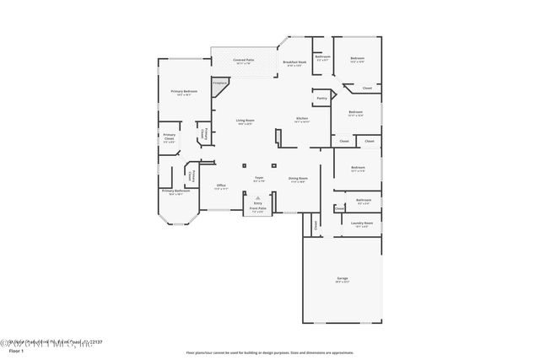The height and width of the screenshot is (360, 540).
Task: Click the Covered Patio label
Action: point(244,62)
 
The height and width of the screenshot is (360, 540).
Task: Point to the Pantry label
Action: point(321,99)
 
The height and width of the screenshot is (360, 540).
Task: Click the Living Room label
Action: point(244,122)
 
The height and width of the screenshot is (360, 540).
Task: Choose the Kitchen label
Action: point(301,120)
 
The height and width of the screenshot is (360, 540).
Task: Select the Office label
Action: point(221,187)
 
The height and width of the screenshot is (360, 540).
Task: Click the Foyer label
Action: point(260,179)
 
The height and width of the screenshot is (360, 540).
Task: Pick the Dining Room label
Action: point(298,179)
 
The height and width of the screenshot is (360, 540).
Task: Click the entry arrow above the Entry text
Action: point(258,196)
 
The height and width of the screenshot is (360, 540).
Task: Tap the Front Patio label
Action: point(257,210)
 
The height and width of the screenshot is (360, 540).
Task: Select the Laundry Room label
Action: point(362,224)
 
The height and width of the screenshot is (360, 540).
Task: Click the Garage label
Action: point(342,279)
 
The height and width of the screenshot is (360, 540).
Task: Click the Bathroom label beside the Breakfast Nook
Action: point(322,59)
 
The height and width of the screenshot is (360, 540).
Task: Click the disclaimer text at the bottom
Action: point(270,352)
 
